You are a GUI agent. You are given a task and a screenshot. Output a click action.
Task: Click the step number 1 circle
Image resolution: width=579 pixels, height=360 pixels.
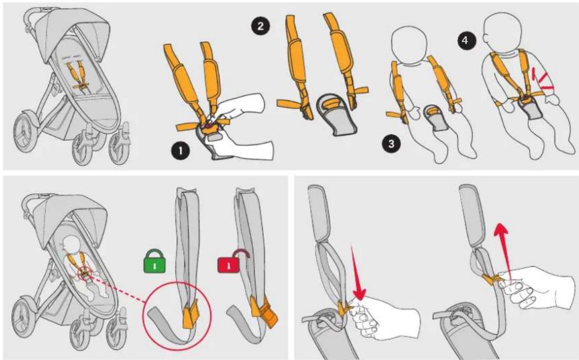pos(180,151)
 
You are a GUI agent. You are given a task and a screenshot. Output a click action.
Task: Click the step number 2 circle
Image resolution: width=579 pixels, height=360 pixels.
pos(261,26)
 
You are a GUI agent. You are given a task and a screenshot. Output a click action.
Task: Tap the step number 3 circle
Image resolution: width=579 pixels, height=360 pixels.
pos(391,143)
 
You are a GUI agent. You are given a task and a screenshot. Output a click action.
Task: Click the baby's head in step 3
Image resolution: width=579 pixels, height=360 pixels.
pos(408,44)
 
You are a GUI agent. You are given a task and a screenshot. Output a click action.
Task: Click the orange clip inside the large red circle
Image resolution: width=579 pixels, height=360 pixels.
pos(190,313)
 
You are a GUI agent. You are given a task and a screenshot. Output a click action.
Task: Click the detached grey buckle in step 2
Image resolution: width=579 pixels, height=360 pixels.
pos(336,115)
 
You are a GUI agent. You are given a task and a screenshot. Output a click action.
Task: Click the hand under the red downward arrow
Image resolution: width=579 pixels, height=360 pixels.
pos(384,318)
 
